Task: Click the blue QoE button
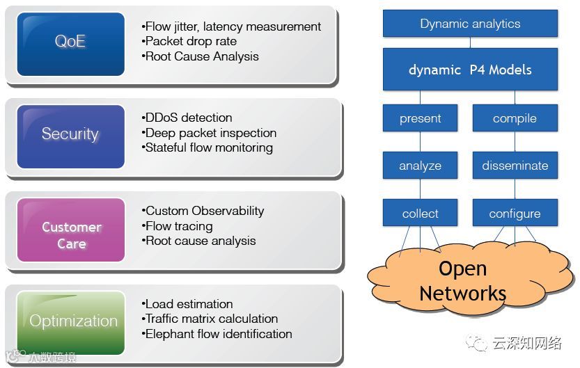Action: point(70,42)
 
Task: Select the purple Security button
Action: point(70,134)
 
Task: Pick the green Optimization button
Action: point(72,321)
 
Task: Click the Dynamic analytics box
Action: point(470,24)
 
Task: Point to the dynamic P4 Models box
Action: point(470,70)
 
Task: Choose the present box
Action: point(420,118)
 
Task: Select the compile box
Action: point(515,118)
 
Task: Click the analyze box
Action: point(420,166)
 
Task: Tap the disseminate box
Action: point(515,166)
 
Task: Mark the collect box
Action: point(420,214)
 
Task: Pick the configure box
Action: point(515,214)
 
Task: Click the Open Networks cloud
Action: point(462,280)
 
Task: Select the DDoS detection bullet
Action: point(188,118)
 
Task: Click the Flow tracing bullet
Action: point(178,226)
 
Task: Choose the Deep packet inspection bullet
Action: point(210,133)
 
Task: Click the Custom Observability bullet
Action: point(204,211)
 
